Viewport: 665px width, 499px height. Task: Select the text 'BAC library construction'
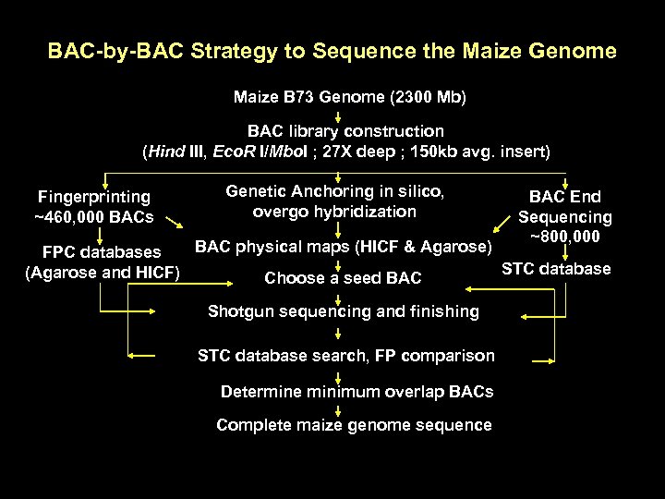coord(345,131)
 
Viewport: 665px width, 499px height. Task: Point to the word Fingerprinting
coord(94,196)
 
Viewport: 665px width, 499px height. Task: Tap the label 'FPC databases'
coord(102,251)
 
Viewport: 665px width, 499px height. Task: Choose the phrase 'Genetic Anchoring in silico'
coord(335,191)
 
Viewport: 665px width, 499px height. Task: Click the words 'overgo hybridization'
coord(334,212)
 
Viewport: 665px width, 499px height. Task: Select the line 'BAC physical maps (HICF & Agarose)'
coord(342,247)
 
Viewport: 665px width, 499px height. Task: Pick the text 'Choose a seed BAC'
coord(343,278)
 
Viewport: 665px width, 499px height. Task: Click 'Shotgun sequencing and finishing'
coord(344,311)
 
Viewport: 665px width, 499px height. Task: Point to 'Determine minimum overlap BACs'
coord(357,392)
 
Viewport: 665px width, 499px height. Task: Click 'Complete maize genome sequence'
coord(354,425)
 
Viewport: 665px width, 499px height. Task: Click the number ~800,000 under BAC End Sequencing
coord(564,237)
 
